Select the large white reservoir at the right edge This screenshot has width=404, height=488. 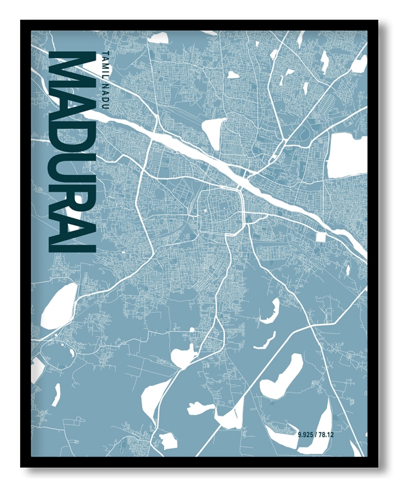pos(347,155)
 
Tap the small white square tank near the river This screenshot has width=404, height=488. pos(319,238)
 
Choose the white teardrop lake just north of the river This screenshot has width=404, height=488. pos(211,132)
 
